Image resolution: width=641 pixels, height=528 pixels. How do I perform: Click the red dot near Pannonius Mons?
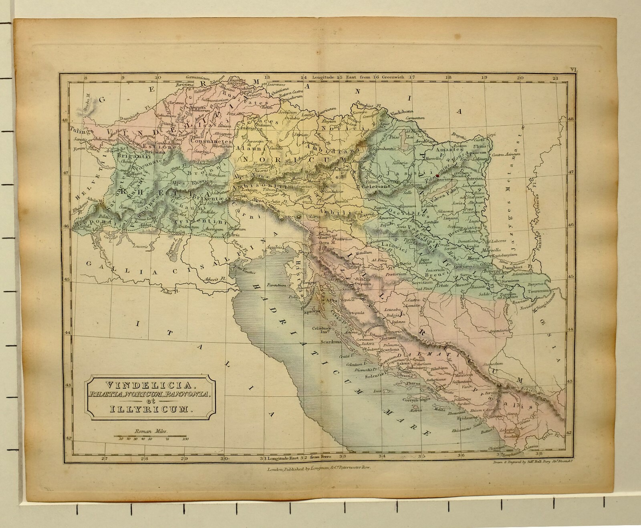coord(438,175)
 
